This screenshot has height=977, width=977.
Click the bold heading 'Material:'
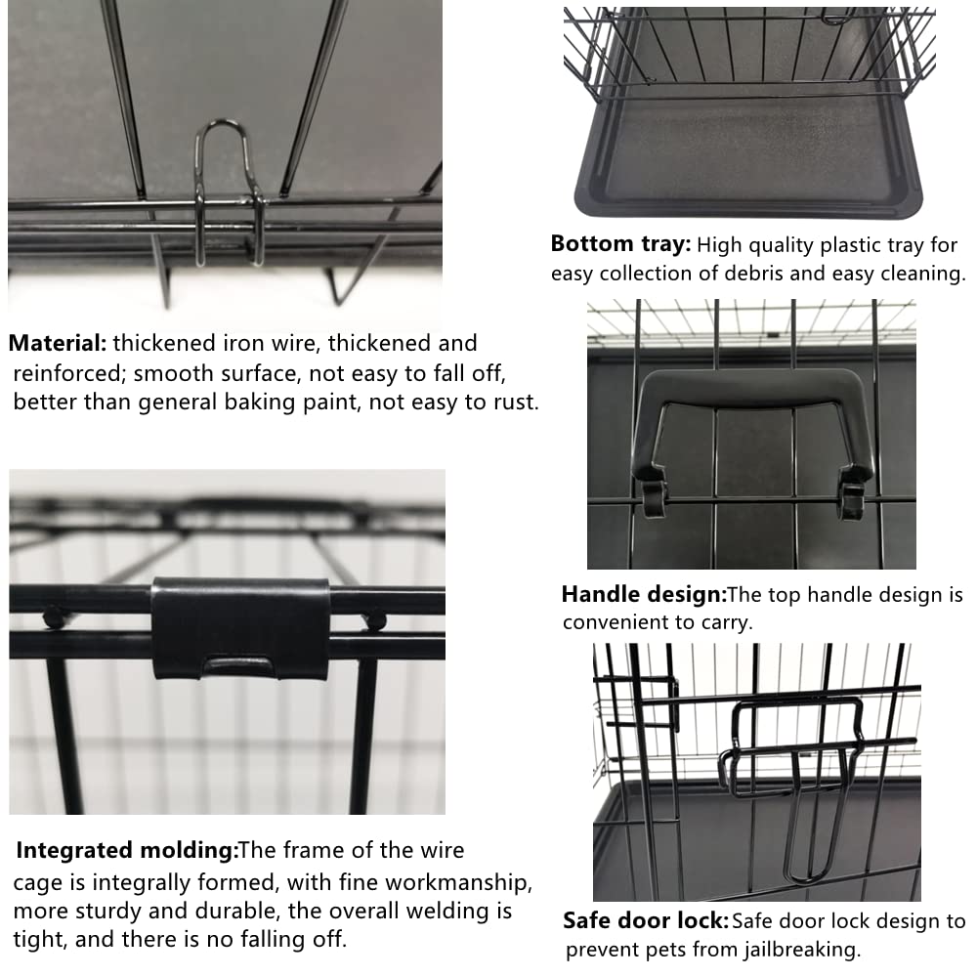click(58, 344)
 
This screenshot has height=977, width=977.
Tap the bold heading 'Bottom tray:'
click(620, 244)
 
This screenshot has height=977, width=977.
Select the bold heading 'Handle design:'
click(644, 594)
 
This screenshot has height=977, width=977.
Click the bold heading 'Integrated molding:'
click(127, 851)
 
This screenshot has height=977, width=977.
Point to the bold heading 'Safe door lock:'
click(646, 920)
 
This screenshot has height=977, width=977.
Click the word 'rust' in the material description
click(514, 403)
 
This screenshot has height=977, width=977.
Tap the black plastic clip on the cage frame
click(240, 627)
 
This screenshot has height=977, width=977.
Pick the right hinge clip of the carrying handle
click(851, 495)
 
